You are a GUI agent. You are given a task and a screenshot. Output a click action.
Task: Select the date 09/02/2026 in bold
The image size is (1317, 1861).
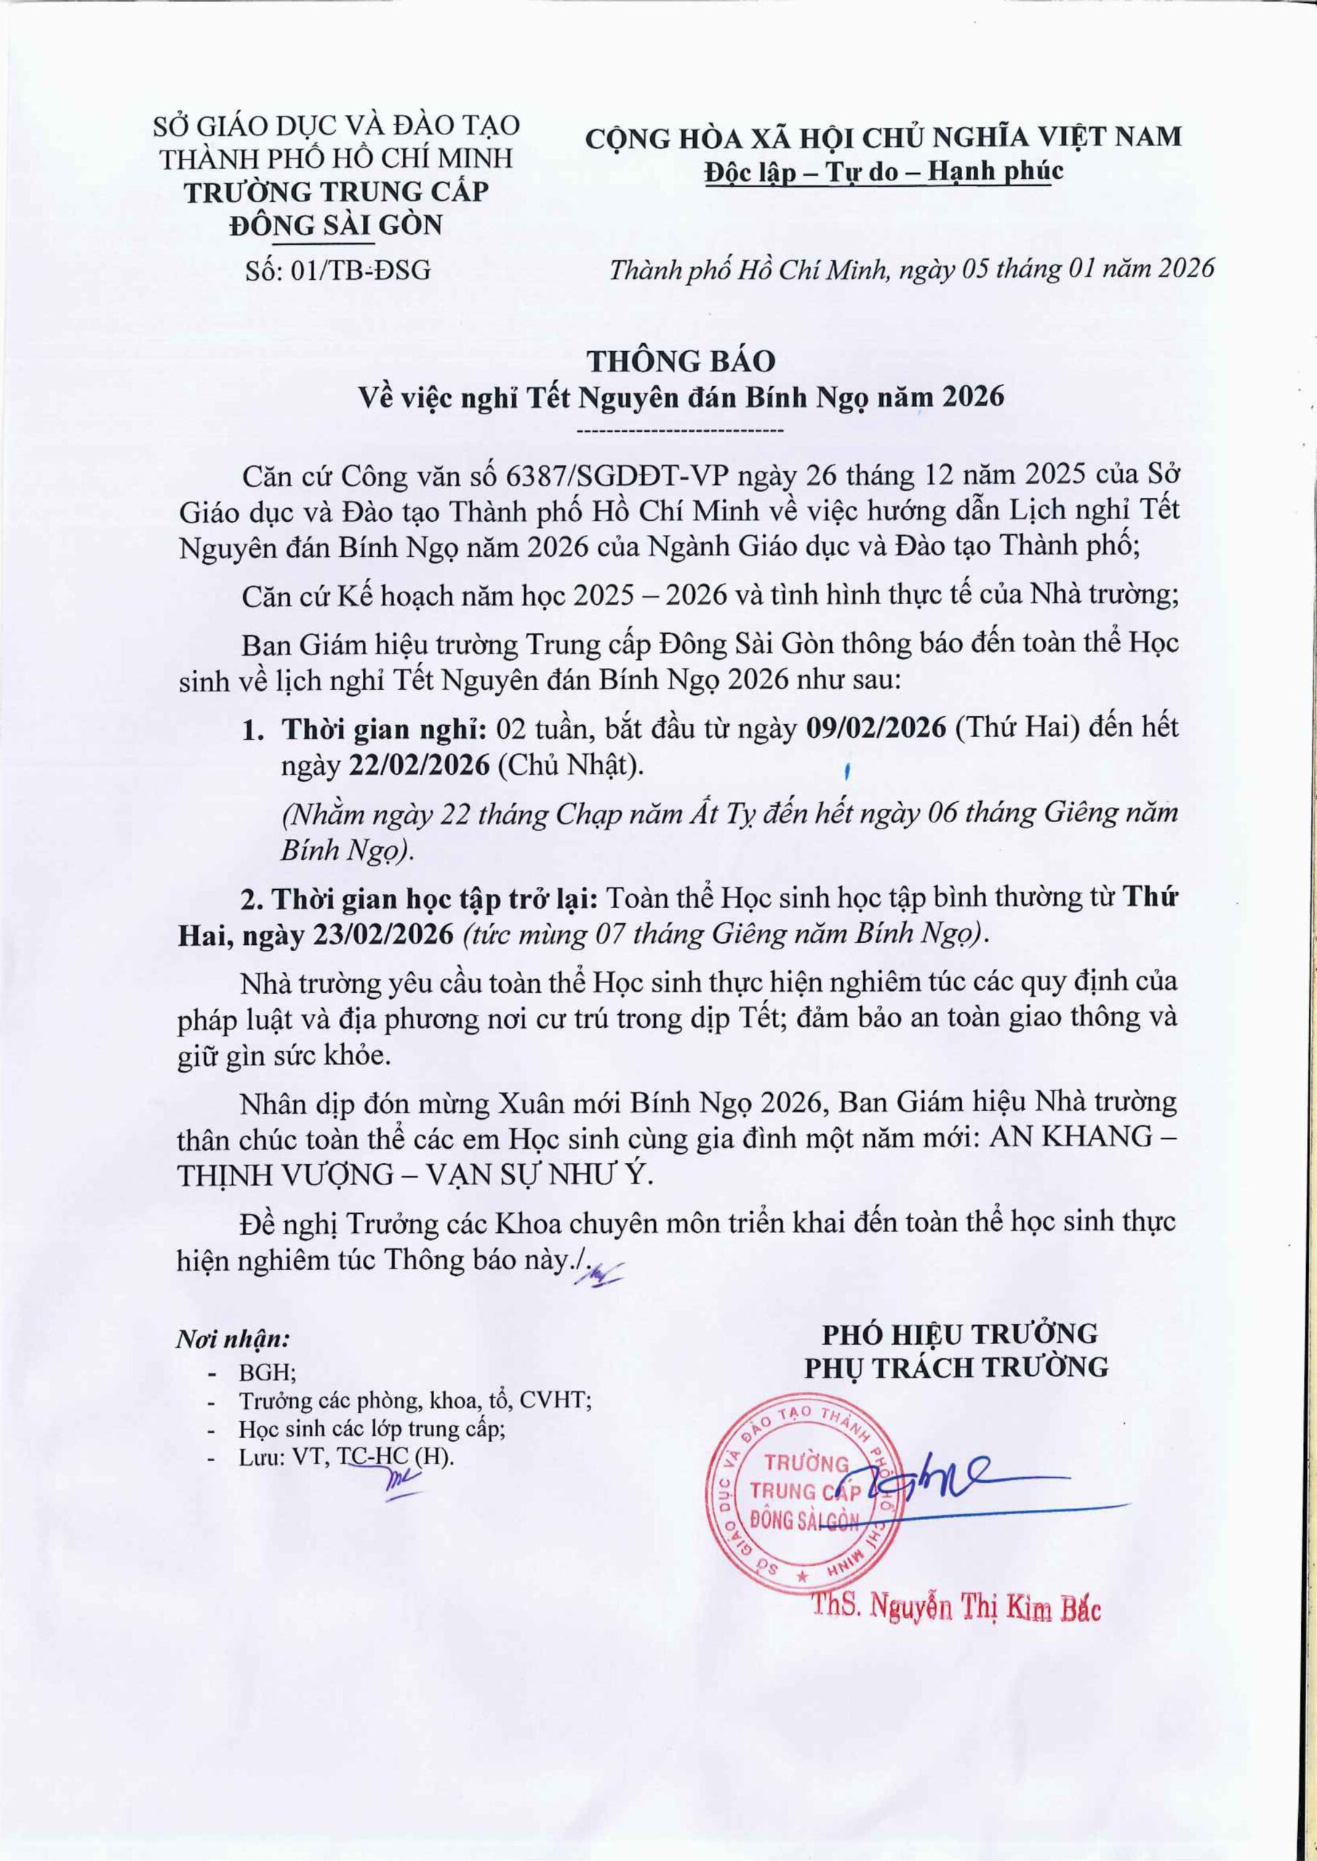(876, 727)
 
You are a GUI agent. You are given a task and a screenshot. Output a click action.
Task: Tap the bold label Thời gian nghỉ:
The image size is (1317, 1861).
(383, 728)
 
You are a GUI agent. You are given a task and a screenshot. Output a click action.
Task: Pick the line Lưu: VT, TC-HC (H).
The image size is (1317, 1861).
(346, 1457)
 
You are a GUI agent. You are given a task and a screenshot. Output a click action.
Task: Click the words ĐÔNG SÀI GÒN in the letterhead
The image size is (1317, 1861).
(337, 224)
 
